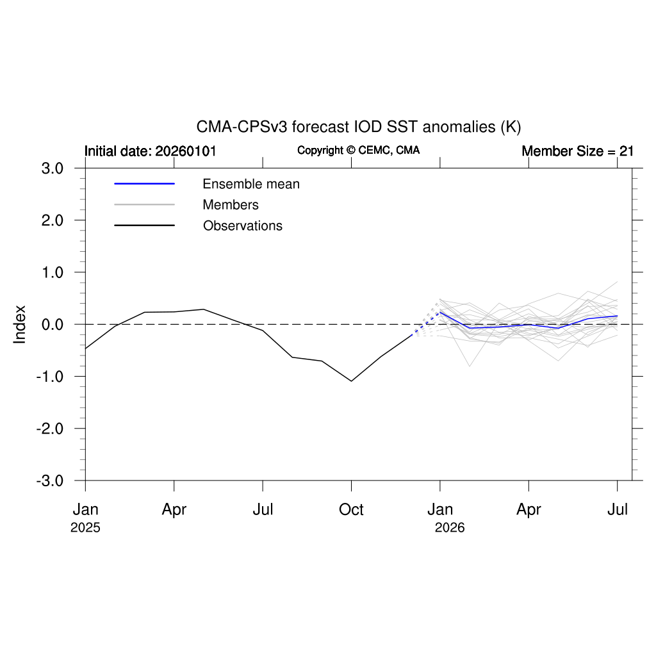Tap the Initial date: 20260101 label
coord(151,151)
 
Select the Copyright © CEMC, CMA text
coord(359,151)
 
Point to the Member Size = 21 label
coord(577,151)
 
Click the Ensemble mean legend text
coord(251,184)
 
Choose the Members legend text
coord(231,205)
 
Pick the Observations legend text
coord(243,226)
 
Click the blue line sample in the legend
coord(144,184)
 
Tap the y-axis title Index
coord(20,324)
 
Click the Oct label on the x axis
coord(351,510)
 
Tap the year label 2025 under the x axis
coord(85,529)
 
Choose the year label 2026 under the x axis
coord(450,529)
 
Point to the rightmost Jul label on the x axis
coord(618,510)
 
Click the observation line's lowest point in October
coord(351,381)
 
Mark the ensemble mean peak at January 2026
coord(440,312)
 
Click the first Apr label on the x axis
coord(174,510)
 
